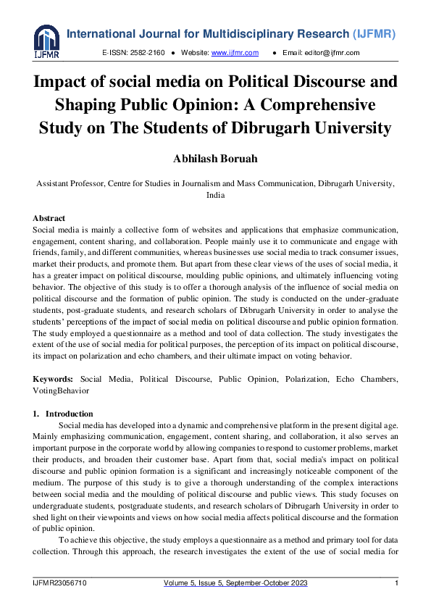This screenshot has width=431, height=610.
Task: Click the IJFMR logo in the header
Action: tap(46, 42)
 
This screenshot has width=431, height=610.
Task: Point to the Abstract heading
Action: tap(49, 218)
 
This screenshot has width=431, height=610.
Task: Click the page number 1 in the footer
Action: tap(396, 583)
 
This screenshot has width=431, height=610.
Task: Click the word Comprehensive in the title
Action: tap(322, 105)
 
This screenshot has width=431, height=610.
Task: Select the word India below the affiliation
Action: tap(215, 195)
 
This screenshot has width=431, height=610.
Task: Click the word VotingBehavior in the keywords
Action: tap(61, 390)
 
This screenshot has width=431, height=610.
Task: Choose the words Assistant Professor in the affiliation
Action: tap(75, 184)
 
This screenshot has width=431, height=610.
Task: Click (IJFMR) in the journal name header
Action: tap(379, 34)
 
